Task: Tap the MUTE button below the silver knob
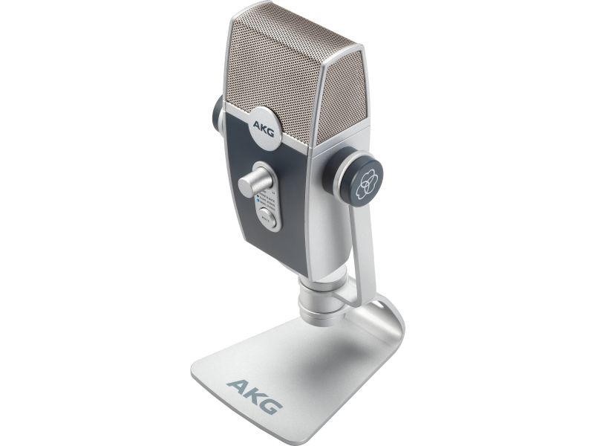tap(267, 216)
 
